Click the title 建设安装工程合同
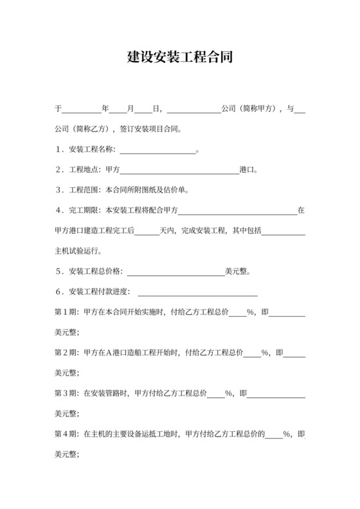click(179, 57)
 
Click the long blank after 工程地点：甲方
click(179, 170)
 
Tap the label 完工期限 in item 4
click(83, 210)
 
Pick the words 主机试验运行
click(76, 250)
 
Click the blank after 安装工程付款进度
click(198, 292)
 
